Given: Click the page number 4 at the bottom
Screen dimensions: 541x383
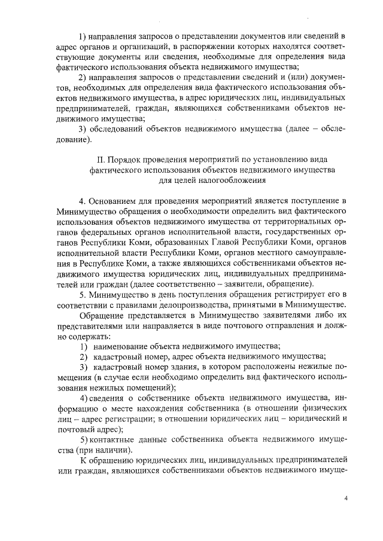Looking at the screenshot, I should (x=346, y=497).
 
